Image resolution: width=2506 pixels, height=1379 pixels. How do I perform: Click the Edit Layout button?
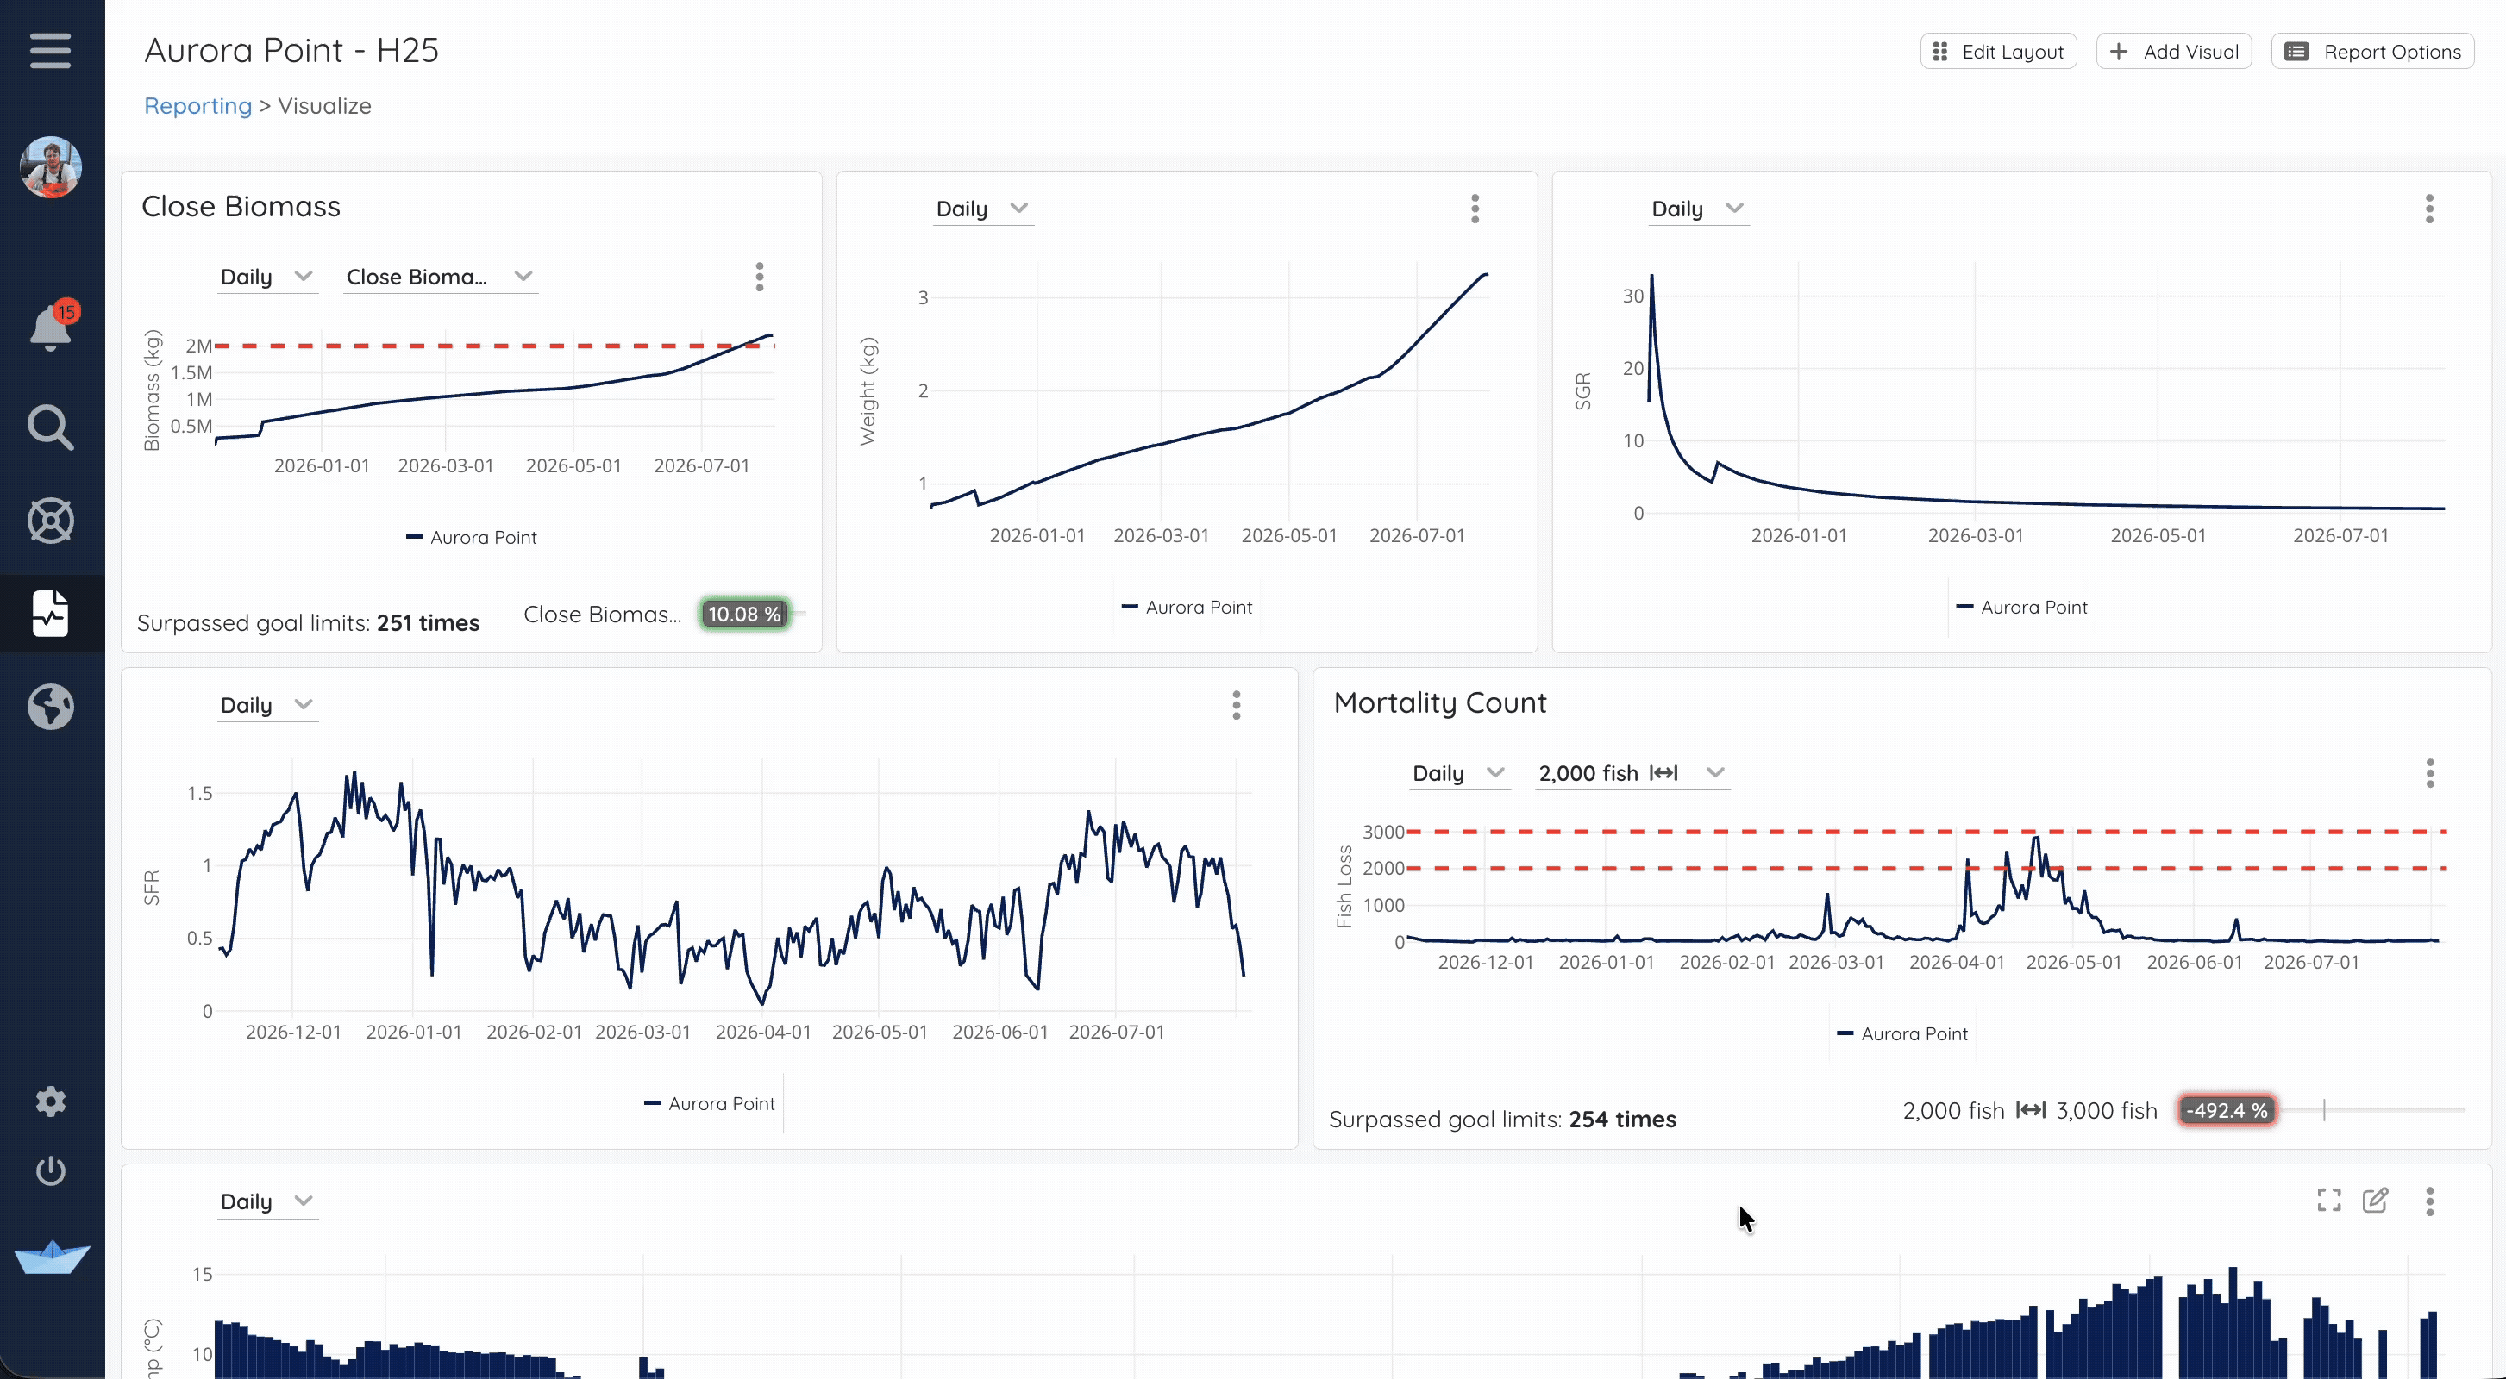pos(1998,52)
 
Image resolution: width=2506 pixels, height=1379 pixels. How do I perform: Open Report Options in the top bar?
pos(2371,52)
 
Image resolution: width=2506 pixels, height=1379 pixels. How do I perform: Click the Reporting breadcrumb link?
pos(197,106)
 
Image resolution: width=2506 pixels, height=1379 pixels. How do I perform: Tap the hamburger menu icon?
pos(51,51)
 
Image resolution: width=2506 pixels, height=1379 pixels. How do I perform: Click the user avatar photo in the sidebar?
pos(51,166)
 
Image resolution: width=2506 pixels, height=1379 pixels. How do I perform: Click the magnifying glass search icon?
pos(51,427)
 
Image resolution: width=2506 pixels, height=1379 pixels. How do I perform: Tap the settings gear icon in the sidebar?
pos(51,1101)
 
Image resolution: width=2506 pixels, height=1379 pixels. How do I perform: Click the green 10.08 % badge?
pos(744,614)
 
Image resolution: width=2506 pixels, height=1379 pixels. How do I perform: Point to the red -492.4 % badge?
pos(2227,1111)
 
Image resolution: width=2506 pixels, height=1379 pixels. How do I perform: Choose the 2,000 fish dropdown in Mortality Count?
pos(1632,773)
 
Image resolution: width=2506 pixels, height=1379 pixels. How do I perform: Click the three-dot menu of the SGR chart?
pos(2429,209)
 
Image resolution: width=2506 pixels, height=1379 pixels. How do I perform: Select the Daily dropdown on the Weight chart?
pos(982,209)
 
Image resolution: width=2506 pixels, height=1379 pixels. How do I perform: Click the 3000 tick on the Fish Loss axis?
pos(1382,833)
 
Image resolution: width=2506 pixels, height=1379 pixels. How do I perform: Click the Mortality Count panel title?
pos(1440,702)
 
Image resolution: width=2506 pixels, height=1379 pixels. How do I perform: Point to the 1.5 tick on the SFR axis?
pos(199,794)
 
